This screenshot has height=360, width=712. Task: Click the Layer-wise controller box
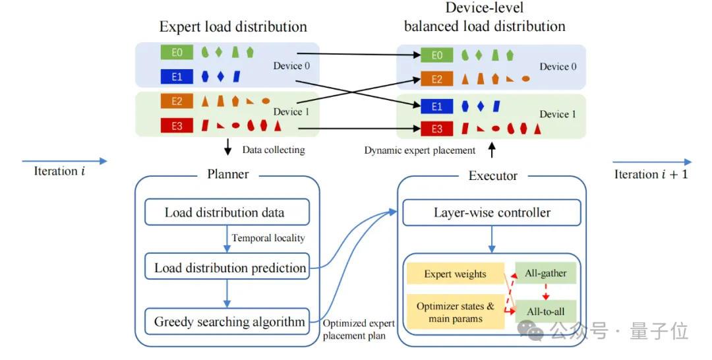click(492, 212)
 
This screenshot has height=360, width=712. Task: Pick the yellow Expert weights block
click(455, 274)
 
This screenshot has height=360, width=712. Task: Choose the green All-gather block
click(546, 274)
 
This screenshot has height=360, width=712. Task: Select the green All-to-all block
click(546, 311)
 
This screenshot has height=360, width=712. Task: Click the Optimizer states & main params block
click(455, 312)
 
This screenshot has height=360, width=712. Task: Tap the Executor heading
click(492, 175)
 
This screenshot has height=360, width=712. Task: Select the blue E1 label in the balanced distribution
click(437, 105)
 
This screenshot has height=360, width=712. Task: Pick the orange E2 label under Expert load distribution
click(177, 102)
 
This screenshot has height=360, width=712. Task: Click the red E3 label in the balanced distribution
click(437, 129)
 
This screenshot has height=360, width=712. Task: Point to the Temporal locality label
click(268, 238)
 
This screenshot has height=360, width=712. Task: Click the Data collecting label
click(273, 150)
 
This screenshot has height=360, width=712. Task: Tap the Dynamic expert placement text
click(420, 150)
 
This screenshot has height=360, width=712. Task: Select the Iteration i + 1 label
click(651, 175)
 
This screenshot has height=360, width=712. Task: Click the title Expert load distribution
click(233, 27)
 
